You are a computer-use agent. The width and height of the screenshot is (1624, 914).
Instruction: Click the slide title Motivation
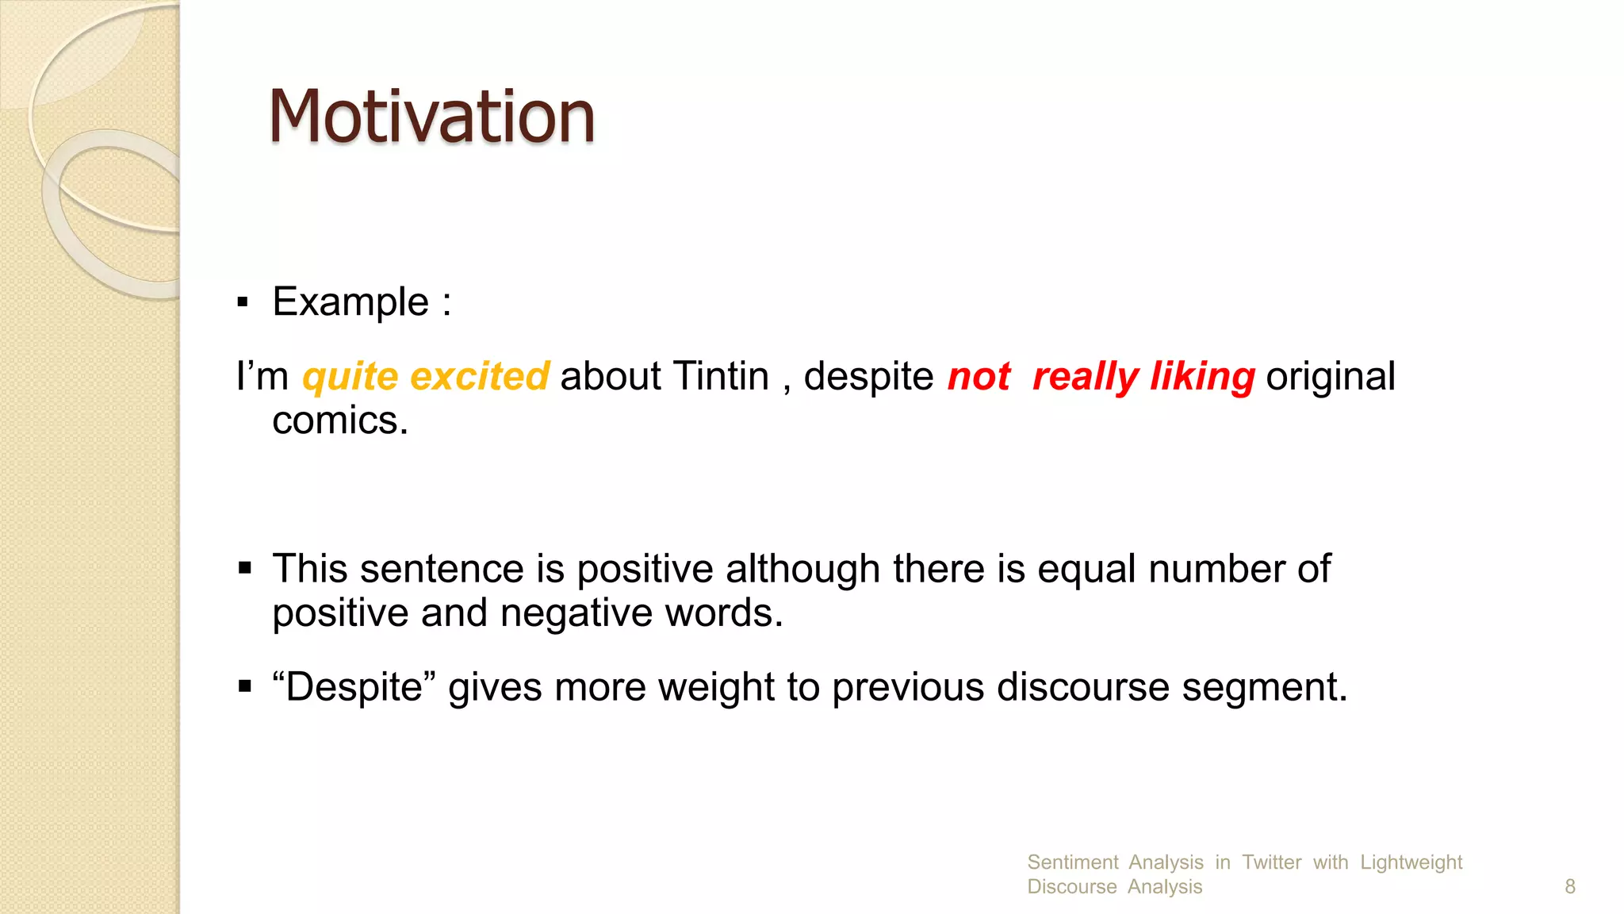pyautogui.click(x=431, y=117)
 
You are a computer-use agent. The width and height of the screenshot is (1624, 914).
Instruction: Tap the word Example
pyautogui.click(x=350, y=302)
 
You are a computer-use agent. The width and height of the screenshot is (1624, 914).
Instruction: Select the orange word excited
pyautogui.click(x=480, y=376)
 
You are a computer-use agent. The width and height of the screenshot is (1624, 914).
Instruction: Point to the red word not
pyautogui.click(x=979, y=376)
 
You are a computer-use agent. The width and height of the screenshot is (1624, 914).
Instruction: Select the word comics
pyautogui.click(x=339, y=421)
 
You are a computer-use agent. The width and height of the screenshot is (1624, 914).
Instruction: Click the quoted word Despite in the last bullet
pyautogui.click(x=354, y=687)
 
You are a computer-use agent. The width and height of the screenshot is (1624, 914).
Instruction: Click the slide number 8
pyautogui.click(x=1569, y=886)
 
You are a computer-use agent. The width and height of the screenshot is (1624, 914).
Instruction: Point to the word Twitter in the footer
pyautogui.click(x=1271, y=862)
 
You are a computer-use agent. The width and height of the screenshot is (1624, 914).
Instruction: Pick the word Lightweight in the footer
pyautogui.click(x=1411, y=862)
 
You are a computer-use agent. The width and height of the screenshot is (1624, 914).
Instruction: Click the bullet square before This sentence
pyautogui.click(x=244, y=569)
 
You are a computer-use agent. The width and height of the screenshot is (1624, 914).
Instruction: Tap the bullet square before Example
pyautogui.click(x=243, y=302)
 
